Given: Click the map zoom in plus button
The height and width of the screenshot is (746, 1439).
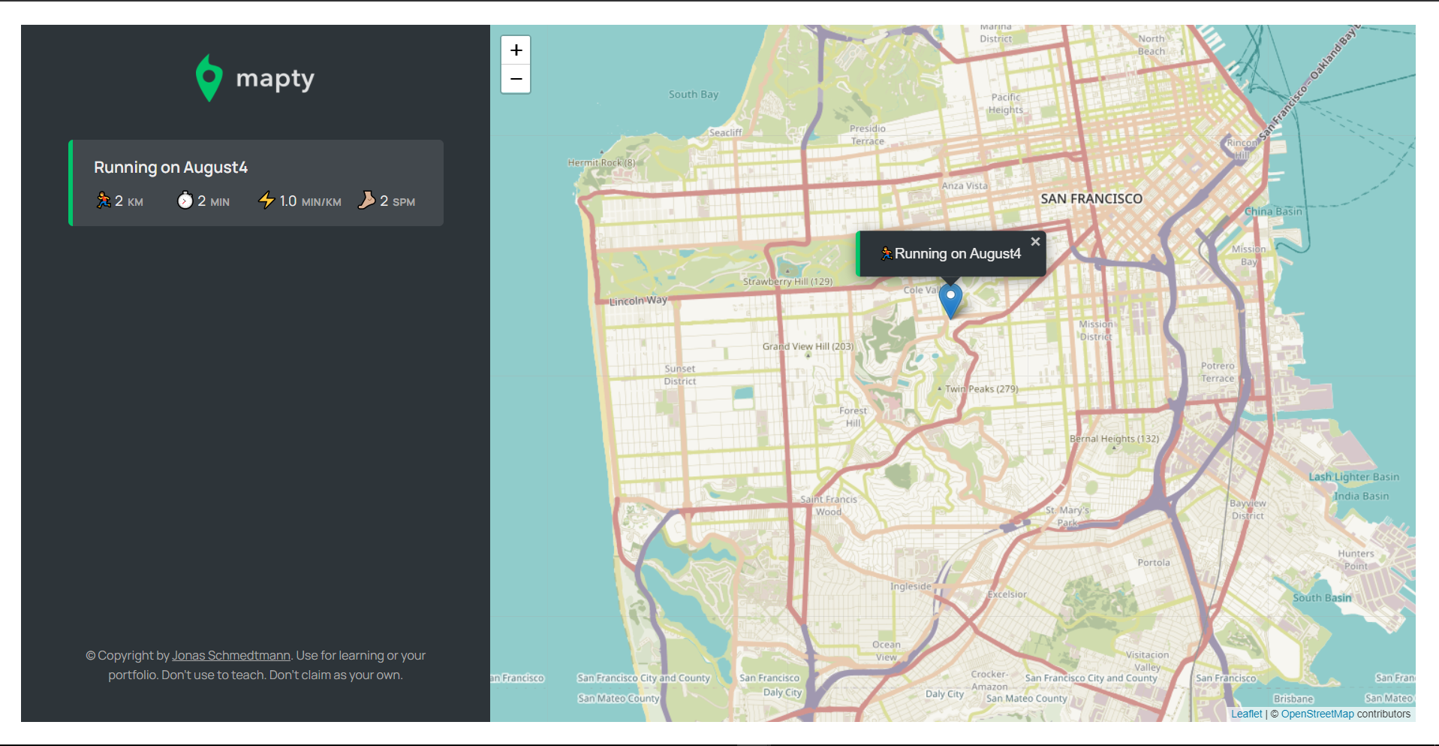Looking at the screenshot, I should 516,50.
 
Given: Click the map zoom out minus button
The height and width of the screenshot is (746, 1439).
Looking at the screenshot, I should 516,79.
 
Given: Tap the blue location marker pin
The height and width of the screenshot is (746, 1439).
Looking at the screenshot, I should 950,299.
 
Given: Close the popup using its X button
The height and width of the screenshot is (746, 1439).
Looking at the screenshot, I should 1035,242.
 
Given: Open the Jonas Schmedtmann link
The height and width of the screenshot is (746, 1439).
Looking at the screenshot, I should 231,655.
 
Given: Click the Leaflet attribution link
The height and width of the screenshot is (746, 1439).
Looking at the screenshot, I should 1246,714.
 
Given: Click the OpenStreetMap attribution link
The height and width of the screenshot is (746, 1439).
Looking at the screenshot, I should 1317,714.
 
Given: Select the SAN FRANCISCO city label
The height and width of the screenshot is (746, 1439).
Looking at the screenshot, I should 1091,199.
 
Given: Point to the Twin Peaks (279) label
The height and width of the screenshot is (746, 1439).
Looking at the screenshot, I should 980,389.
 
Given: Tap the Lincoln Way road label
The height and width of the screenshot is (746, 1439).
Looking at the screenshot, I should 638,301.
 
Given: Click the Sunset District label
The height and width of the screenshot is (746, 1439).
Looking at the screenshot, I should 679,375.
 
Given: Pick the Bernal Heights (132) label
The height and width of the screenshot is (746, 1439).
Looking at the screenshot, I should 1113,439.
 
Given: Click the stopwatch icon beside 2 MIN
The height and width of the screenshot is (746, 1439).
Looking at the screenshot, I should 185,201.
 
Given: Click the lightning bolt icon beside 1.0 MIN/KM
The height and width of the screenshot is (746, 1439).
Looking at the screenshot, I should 266,200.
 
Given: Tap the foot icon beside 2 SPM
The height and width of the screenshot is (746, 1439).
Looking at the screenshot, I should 366,200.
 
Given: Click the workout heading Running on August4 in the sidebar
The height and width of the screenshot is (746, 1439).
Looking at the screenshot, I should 170,168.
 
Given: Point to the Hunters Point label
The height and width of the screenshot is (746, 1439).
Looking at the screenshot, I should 1355,560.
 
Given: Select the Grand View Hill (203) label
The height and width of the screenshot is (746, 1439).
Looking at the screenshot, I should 808,346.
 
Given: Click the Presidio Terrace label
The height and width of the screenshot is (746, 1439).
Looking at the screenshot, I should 867,135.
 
